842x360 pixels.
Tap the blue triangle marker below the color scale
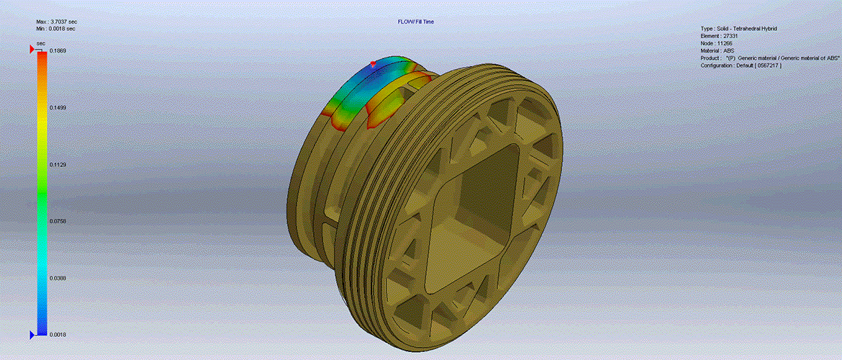coord(32,335)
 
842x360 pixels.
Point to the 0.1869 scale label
coord(58,50)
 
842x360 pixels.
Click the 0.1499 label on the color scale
coord(58,107)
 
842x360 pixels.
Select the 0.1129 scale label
coord(58,164)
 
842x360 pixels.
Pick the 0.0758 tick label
coord(58,221)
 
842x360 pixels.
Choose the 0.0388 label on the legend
coord(58,278)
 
